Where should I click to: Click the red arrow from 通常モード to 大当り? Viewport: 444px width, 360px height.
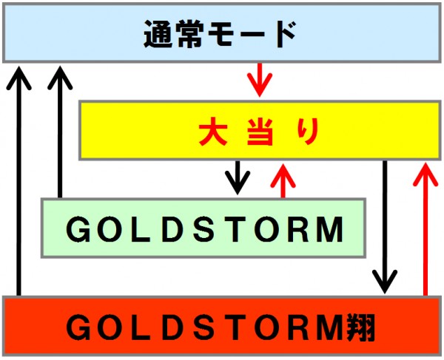pos(260,80)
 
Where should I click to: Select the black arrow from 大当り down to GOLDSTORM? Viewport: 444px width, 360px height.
pos(238,178)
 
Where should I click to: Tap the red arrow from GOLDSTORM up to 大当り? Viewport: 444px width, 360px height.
pos(283,180)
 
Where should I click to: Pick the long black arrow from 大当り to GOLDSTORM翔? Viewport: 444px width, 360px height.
pos(385,227)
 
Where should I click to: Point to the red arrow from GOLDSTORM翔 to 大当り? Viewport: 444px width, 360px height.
pos(425,229)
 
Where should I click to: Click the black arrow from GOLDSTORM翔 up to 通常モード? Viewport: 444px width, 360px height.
pos(18,181)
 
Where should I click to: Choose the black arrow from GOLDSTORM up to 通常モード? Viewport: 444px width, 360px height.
pos(60,132)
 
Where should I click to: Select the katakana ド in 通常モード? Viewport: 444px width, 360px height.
pos(286,34)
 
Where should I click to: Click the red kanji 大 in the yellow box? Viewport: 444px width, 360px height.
pos(213,132)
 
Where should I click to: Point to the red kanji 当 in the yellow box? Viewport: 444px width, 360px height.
pos(260,132)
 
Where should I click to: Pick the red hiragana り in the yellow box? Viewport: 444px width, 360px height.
pos(309,132)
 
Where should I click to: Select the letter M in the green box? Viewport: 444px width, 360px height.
pos(330,229)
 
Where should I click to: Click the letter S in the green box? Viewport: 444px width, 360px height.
pos(204,229)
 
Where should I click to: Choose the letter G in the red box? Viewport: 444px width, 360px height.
pos(78,327)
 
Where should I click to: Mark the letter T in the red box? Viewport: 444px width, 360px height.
pos(235,327)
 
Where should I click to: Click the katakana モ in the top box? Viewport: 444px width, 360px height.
pos(221,34)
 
